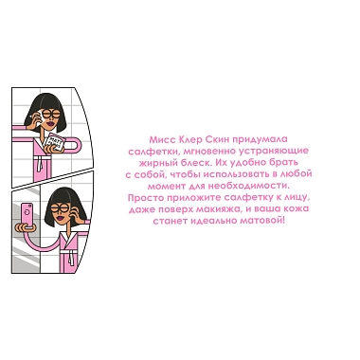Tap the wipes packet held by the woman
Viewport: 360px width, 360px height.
pyautogui.click(x=55, y=142)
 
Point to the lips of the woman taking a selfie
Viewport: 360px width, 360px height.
pyautogui.click(x=59, y=218)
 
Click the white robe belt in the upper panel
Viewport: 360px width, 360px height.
pyautogui.click(x=41, y=163)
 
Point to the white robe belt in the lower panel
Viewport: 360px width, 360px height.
pyautogui.click(x=71, y=256)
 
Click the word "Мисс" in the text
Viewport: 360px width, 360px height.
pyautogui.click(x=161, y=139)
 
